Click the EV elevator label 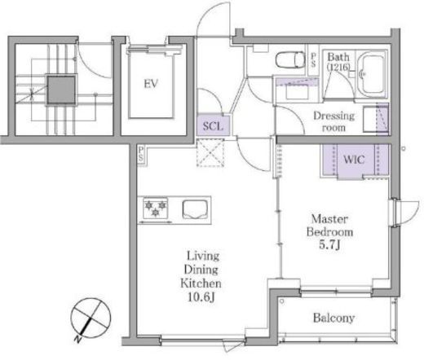click(151, 84)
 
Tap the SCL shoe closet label click(213, 126)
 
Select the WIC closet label click(354, 160)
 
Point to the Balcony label click(333, 318)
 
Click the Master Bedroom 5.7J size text click(329, 245)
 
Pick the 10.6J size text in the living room click(201, 297)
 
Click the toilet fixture click(289, 59)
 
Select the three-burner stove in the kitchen click(155, 208)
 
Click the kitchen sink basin click(196, 209)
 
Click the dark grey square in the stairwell click(61, 90)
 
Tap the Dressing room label click(333, 121)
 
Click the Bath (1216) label click(338, 62)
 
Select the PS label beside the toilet click(313, 59)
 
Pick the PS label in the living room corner click(140, 154)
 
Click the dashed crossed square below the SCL click(210, 152)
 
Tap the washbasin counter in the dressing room click(296, 89)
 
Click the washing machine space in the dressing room click(376, 119)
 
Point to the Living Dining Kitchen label click(201, 270)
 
